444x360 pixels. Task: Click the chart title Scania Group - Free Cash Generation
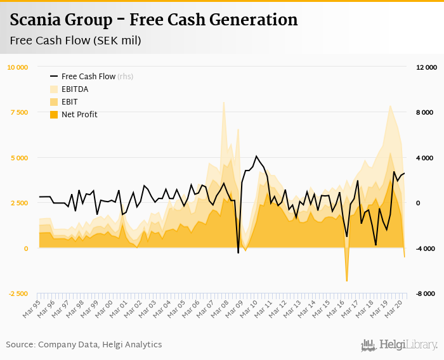click(153, 20)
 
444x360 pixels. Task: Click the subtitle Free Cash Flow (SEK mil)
click(75, 41)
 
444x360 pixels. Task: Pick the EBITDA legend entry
click(75, 89)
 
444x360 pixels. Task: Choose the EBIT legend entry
click(70, 102)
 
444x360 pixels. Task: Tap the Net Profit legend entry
click(79, 115)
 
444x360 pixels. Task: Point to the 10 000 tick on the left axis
click(18, 67)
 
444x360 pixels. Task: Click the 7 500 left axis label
click(20, 113)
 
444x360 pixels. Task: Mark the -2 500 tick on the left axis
click(18, 294)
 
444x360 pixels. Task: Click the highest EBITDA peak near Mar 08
click(223, 103)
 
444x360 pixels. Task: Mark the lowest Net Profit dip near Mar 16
click(347, 281)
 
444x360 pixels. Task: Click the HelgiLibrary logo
click(399, 345)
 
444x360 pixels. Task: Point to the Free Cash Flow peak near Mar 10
click(256, 156)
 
